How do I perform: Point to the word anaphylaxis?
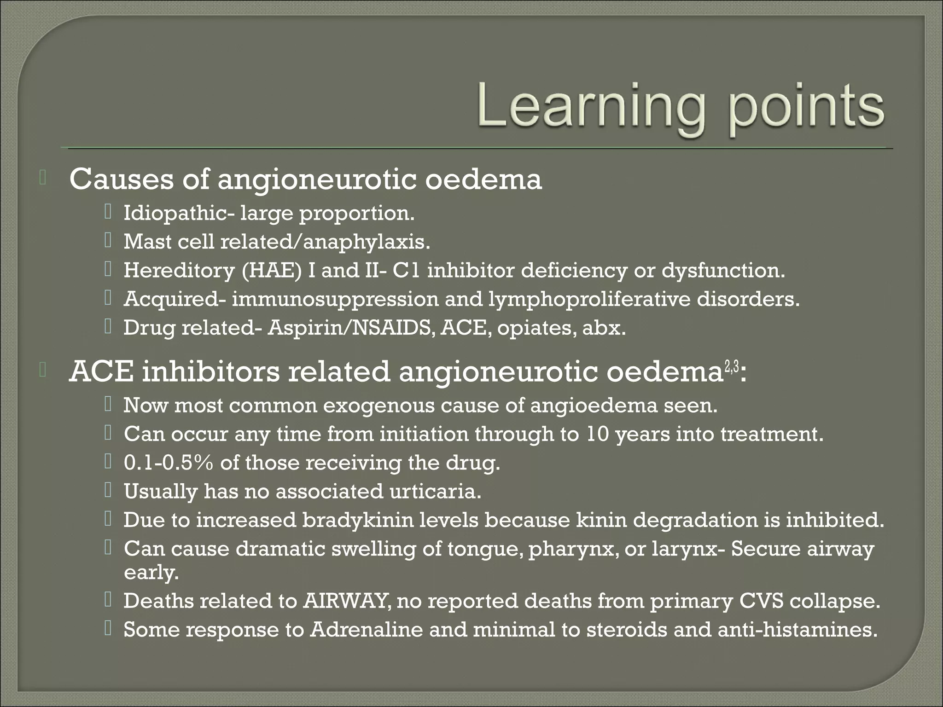pyautogui.click(x=366, y=242)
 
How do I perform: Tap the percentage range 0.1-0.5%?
pyautogui.click(x=169, y=463)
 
